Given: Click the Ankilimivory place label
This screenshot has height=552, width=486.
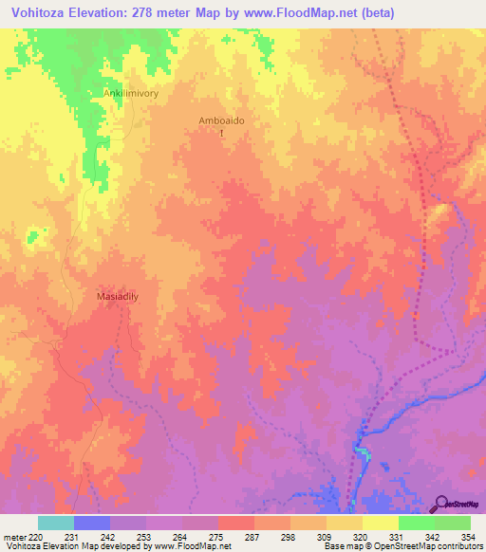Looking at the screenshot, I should tap(130, 93).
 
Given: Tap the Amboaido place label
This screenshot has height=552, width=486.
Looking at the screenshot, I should tap(221, 120).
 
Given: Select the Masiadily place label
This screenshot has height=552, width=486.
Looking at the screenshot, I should tap(120, 296).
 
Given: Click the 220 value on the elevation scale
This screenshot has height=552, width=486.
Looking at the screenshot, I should tap(37, 537).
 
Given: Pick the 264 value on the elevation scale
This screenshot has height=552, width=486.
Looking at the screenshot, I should tap(181, 537).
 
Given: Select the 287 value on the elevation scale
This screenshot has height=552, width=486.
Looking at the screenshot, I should tap(253, 537).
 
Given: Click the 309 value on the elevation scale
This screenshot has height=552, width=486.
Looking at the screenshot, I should tap(326, 537).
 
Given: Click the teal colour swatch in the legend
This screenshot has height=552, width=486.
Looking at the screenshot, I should tap(55, 523).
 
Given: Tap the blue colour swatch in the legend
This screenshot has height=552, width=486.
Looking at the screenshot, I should tap(91, 523).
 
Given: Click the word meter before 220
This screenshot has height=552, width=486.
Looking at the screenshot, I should tap(14, 537).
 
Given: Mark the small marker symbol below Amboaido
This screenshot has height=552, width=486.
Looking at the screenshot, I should tap(222, 135).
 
